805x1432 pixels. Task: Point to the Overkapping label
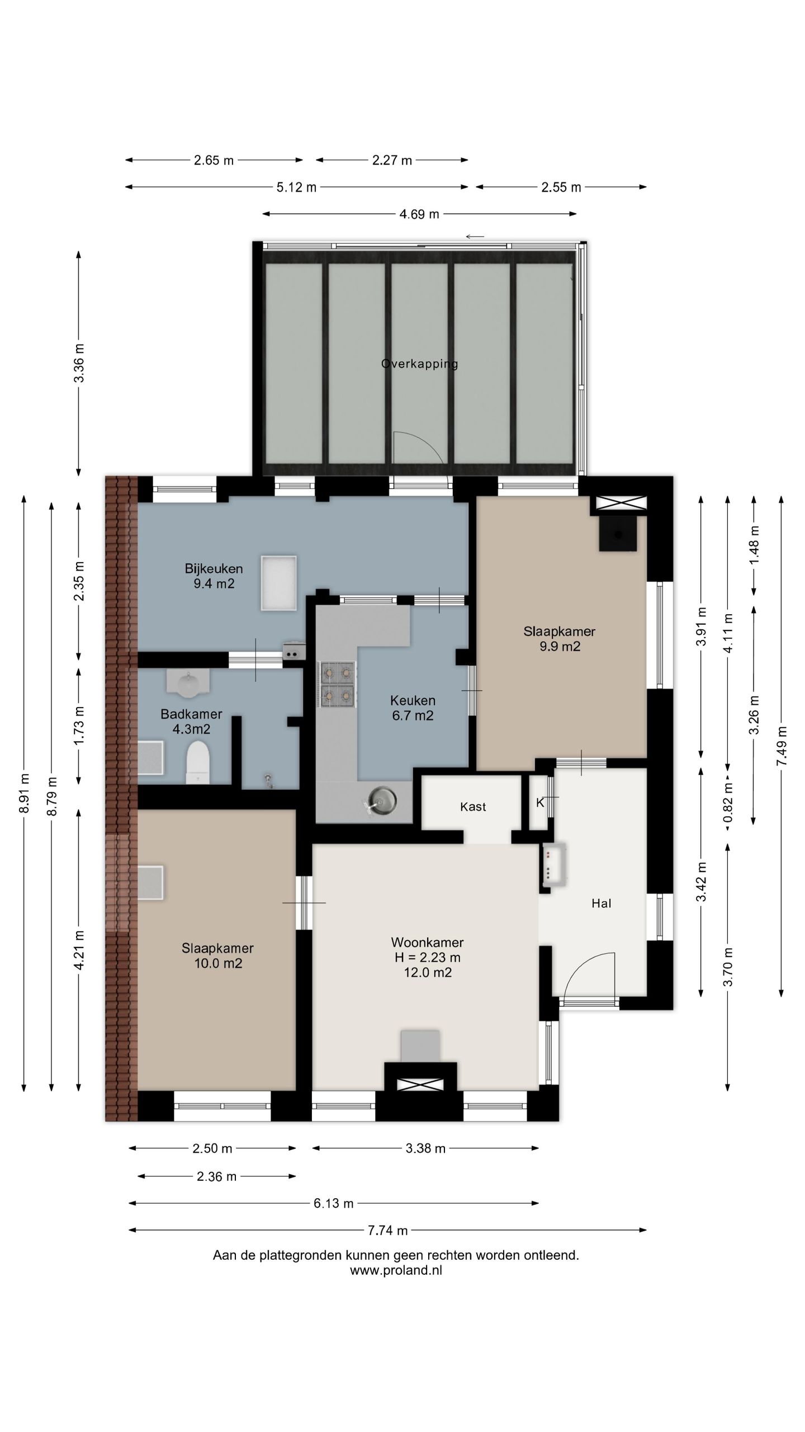419,364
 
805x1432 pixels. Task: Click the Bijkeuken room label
214,569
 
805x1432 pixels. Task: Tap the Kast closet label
473,807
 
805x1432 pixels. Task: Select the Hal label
601,903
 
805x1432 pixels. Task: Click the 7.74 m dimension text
387,1230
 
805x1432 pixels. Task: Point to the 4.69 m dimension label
419,214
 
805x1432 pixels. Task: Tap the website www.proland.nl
396,1270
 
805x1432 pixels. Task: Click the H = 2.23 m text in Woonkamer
427,957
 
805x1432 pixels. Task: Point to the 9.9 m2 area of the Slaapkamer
559,647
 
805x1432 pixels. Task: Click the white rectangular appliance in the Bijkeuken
278,583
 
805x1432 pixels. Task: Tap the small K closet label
540,803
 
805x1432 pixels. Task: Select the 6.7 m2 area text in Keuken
413,715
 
